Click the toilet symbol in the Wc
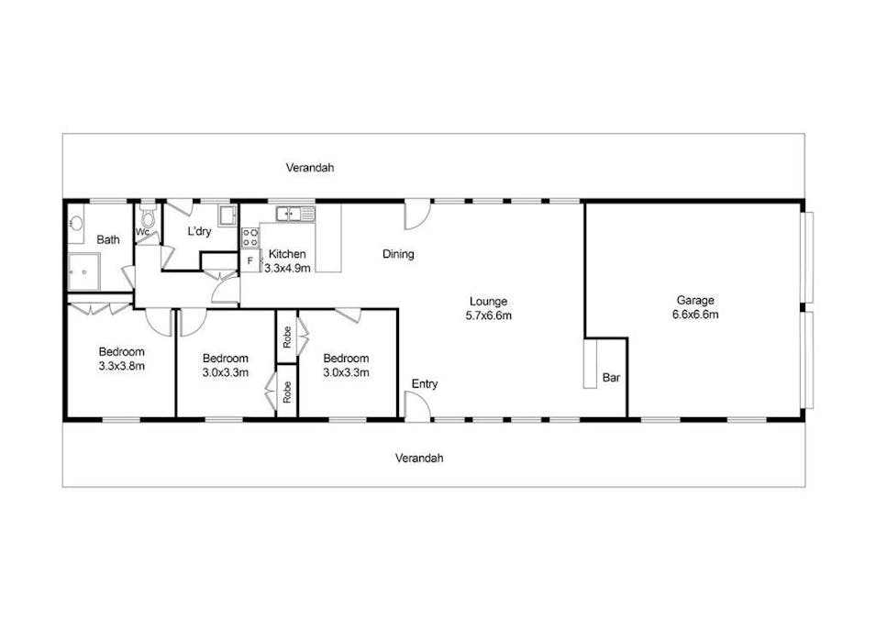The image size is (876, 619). click(x=148, y=214)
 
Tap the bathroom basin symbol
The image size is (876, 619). click(x=74, y=223)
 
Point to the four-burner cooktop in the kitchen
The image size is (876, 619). click(x=250, y=238)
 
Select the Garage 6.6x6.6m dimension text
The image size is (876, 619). click(x=696, y=315)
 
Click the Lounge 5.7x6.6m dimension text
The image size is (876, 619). click(x=488, y=315)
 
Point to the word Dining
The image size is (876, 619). click(x=398, y=254)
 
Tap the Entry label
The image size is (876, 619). click(x=424, y=383)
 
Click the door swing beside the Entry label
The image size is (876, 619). click(x=416, y=406)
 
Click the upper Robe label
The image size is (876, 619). click(x=287, y=337)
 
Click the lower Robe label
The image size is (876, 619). click(x=287, y=392)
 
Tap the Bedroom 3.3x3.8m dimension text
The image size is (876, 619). click(x=122, y=365)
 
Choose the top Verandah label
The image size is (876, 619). click(x=309, y=168)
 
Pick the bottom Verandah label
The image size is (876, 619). click(x=419, y=458)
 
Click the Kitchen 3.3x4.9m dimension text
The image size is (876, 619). click(x=288, y=268)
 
